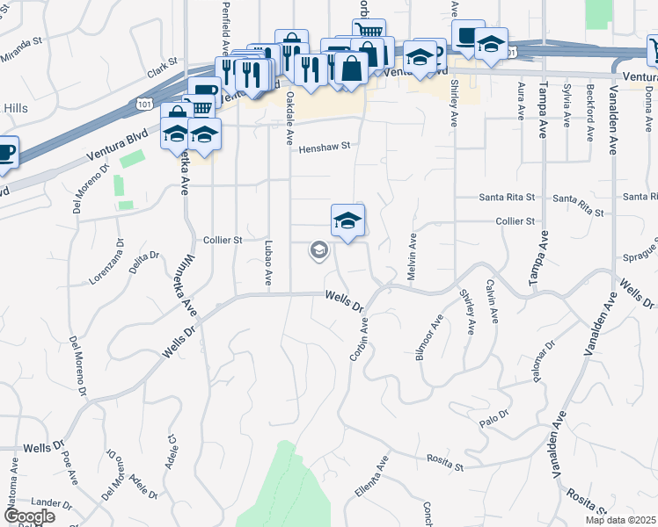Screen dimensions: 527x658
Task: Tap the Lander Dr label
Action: (x=52, y=503)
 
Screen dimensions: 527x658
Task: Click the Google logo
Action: (x=29, y=516)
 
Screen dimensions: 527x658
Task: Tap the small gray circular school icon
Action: (x=318, y=251)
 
